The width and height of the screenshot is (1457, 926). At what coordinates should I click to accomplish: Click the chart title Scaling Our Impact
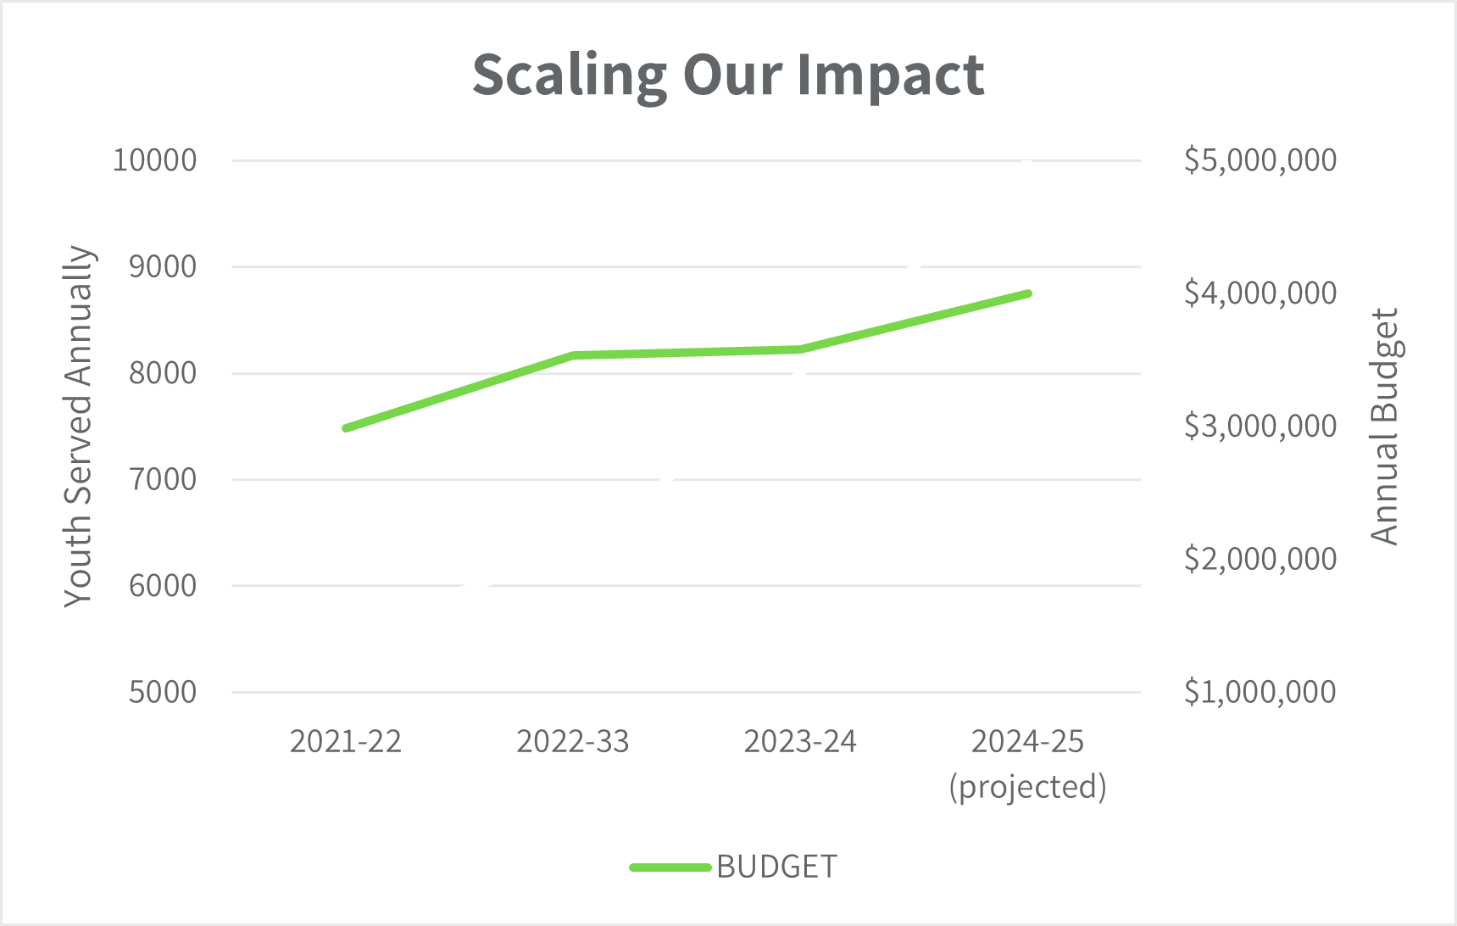click(x=728, y=75)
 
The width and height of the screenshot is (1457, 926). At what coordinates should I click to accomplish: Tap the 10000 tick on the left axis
click(x=154, y=159)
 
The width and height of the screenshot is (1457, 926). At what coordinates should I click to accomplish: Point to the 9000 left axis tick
click(x=163, y=266)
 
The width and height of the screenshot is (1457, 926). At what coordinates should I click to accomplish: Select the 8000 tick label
click(x=163, y=372)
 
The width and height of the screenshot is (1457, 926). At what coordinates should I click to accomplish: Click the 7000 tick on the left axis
click(x=163, y=479)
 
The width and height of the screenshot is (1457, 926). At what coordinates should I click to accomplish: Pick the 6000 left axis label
click(x=163, y=585)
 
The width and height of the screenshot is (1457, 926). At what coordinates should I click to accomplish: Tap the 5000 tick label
click(x=163, y=692)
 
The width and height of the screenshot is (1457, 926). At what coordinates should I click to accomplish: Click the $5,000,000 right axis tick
click(x=1260, y=159)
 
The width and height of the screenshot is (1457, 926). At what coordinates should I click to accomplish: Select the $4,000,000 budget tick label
click(x=1260, y=293)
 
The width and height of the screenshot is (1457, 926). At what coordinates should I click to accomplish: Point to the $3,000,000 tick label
click(x=1260, y=426)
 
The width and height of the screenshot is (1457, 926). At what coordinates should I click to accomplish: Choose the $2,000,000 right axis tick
click(x=1260, y=559)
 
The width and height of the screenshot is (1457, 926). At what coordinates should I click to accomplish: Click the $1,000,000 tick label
click(x=1260, y=692)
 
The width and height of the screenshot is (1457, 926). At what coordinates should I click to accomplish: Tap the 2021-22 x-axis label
click(x=346, y=742)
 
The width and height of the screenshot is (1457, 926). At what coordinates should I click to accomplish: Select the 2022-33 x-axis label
click(x=573, y=742)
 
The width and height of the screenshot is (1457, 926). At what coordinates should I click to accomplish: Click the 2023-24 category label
click(x=800, y=742)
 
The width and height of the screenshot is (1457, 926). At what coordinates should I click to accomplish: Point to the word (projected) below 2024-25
click(x=1027, y=787)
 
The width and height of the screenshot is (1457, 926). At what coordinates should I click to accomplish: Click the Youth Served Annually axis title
click(x=78, y=426)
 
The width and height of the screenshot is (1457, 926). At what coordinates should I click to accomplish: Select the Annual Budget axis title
click(x=1384, y=426)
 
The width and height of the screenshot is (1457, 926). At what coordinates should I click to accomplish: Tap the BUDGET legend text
click(x=776, y=867)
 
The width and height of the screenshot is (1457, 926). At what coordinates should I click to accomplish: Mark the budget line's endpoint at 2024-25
click(x=1027, y=293)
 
